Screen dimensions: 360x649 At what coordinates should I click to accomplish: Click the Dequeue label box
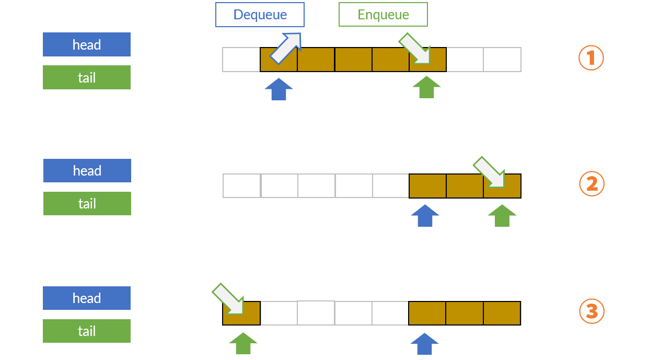coord(260,15)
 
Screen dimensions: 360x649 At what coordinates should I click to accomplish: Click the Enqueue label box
coord(383,15)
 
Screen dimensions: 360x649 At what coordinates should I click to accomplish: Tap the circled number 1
coord(591,57)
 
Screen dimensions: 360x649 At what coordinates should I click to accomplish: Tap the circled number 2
coord(592,184)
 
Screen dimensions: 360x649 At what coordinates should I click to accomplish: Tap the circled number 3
coord(592,311)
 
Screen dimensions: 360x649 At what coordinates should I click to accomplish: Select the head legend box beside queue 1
coord(87,44)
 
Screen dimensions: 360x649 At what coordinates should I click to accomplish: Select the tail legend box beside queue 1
coord(87,77)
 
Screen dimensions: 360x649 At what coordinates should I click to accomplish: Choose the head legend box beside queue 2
coord(87,171)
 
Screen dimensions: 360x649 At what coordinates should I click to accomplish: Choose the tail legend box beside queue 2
coord(87,204)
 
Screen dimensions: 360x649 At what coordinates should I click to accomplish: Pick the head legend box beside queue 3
coord(87,298)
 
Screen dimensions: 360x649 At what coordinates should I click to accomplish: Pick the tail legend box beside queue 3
coord(87,331)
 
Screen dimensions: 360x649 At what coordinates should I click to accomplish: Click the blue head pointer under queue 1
coord(279,89)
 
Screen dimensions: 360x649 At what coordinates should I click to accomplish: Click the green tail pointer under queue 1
coord(426,87)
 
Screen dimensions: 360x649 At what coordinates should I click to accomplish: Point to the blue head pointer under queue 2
coord(425,216)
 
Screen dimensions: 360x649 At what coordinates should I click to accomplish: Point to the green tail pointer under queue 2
coord(502,216)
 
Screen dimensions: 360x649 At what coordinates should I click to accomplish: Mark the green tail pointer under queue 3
coord(243,344)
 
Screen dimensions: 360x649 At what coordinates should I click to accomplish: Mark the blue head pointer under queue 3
coord(424,344)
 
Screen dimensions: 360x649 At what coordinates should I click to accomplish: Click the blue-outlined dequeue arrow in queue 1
coord(286,48)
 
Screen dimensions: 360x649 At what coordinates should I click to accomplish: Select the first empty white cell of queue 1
coord(241,60)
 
